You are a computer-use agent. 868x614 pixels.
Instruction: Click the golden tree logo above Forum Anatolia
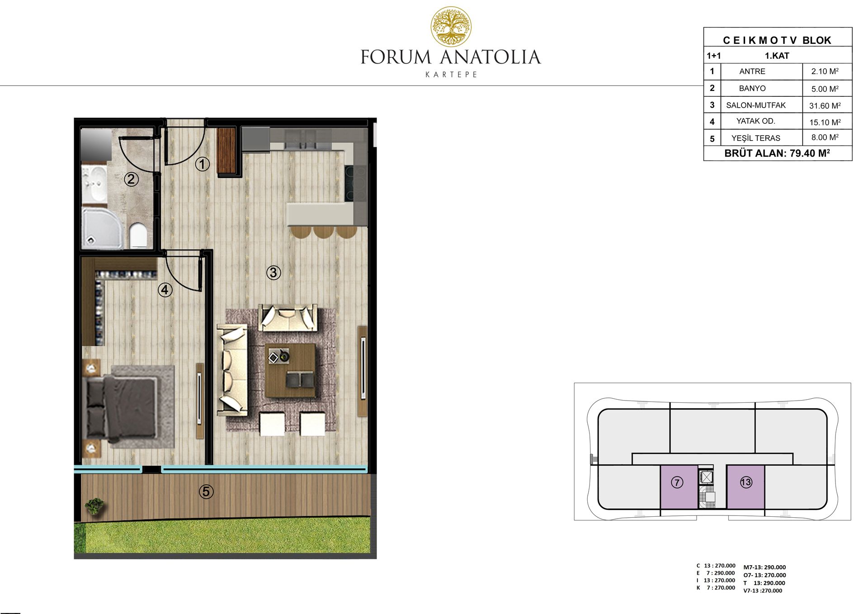click(x=451, y=27)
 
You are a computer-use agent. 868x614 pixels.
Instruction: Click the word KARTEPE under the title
click(x=451, y=75)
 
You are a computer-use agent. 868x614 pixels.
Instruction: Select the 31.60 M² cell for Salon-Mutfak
click(x=825, y=105)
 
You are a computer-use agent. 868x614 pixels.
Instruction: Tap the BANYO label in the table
click(x=752, y=88)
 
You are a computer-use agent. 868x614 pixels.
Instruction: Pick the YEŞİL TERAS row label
click(x=756, y=138)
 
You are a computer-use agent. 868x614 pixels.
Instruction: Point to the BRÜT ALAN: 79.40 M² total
click(x=777, y=153)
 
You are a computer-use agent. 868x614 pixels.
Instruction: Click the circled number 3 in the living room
click(x=274, y=273)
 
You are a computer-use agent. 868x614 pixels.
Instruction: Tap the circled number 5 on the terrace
click(x=206, y=491)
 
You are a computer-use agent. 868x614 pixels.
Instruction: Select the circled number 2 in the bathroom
click(x=131, y=179)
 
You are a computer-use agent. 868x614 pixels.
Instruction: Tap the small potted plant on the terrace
click(x=95, y=505)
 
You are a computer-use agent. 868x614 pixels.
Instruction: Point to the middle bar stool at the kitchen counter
click(x=324, y=231)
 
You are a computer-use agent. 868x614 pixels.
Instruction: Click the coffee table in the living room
click(x=290, y=370)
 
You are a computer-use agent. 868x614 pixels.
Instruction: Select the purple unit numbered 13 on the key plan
click(x=745, y=487)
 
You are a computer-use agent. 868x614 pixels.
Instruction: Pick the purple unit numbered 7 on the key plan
click(x=679, y=487)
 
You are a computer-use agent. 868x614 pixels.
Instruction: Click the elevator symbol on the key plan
click(x=705, y=477)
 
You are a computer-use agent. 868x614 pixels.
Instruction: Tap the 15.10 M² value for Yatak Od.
click(x=825, y=122)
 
